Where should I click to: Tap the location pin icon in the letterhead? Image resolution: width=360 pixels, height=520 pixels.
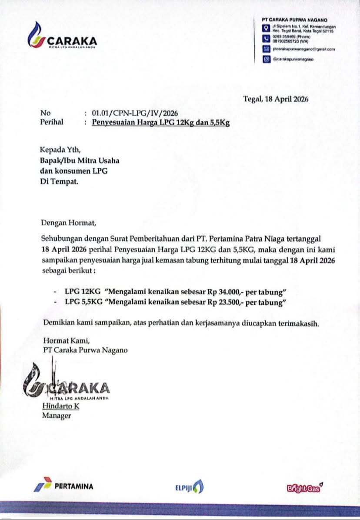pyautogui.click(x=266, y=29)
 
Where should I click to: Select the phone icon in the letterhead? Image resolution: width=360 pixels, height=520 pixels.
pyautogui.click(x=266, y=40)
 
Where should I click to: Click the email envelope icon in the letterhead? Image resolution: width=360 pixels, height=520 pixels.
pyautogui.click(x=266, y=50)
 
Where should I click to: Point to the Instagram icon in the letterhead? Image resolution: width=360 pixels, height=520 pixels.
pyautogui.click(x=266, y=60)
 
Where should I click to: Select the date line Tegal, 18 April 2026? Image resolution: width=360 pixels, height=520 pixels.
pyautogui.click(x=276, y=99)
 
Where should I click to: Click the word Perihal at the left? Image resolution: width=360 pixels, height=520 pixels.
pyautogui.click(x=52, y=122)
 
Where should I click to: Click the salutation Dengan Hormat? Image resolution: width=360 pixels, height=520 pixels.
pyautogui.click(x=67, y=223)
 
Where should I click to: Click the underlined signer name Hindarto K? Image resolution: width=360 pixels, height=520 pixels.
pyautogui.click(x=60, y=406)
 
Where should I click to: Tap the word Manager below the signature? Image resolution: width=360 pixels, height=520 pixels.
pyautogui.click(x=57, y=416)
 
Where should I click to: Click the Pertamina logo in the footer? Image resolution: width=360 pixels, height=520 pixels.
pyautogui.click(x=64, y=486)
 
